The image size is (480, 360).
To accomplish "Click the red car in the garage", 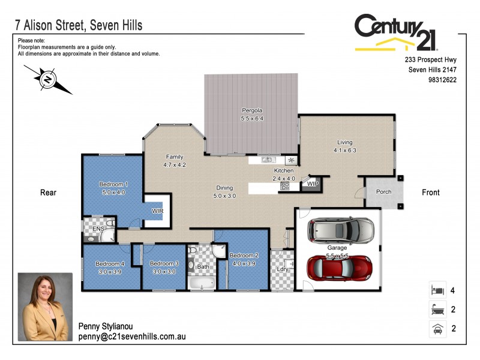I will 339,268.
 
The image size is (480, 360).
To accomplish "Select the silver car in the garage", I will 340,229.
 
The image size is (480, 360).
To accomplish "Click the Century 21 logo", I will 396,32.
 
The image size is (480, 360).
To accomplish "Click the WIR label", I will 158,211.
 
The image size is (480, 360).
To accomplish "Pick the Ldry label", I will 283,269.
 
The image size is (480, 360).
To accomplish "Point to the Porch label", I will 383,193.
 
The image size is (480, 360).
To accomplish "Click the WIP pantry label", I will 312,184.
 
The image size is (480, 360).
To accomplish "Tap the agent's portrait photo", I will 46,307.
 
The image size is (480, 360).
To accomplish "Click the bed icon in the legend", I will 436,290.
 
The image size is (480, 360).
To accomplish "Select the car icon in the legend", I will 436,329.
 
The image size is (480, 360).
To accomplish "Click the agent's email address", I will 132,337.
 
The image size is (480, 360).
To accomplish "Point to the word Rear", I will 48,193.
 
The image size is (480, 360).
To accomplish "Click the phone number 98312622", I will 443,80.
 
